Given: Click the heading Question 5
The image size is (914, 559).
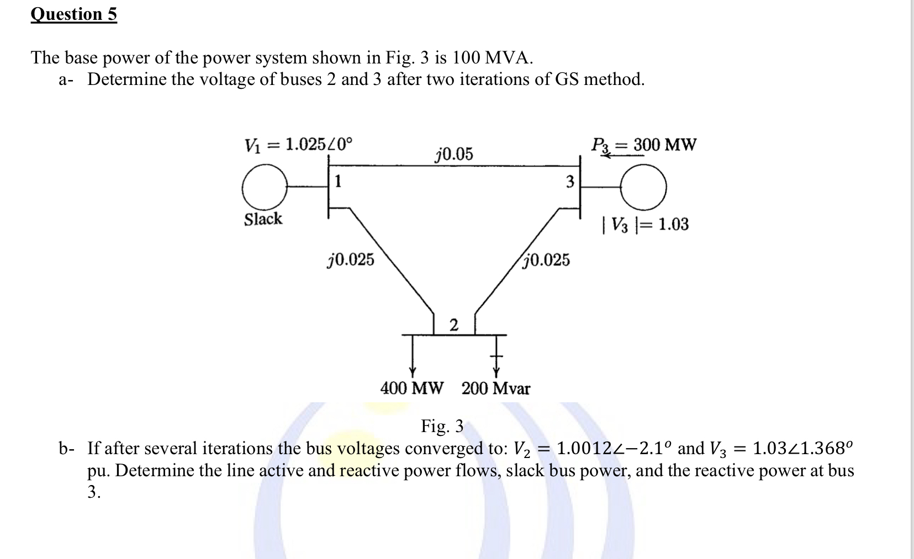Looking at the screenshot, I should coord(73,14).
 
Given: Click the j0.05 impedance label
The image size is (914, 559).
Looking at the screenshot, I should coord(454,154).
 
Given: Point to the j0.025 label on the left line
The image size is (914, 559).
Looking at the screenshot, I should coord(351,259).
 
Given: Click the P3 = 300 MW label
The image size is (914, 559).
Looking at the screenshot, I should coord(643,145).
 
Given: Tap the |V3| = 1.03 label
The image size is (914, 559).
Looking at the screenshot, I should coord(646,225).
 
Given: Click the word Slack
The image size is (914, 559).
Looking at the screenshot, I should coord(263,219).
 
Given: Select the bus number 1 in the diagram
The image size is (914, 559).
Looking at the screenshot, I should coord(338,181).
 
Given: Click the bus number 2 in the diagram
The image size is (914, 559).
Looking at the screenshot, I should coord(453,325).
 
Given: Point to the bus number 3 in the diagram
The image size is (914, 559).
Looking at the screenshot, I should coord(570,181).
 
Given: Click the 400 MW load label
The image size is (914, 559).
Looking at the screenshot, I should coord(411,388).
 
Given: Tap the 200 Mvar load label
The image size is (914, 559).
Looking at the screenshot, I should coord(495,388).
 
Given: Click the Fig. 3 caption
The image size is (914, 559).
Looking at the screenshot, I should coord(442,427).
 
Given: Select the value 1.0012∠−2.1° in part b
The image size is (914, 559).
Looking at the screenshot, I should coord(615,448).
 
